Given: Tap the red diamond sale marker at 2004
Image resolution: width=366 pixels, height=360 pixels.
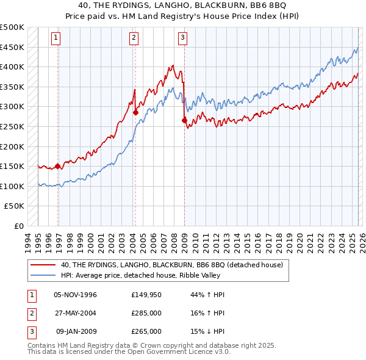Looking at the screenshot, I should pyautogui.click(x=135, y=112).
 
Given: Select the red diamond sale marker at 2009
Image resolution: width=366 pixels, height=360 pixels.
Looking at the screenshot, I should pyautogui.click(x=184, y=120).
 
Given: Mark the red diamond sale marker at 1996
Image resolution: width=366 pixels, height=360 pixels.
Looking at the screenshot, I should pyautogui.click(x=58, y=166).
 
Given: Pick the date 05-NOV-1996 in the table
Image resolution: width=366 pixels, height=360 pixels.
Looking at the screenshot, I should pyautogui.click(x=75, y=295).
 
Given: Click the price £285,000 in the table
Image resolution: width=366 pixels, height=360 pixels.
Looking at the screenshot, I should pyautogui.click(x=146, y=313).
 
